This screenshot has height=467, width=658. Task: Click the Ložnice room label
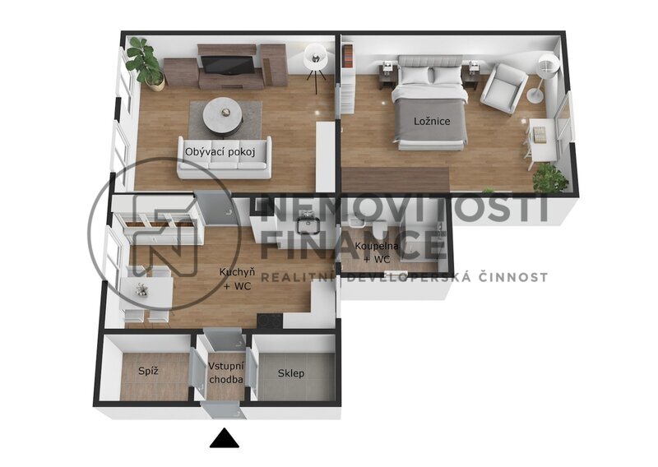432,121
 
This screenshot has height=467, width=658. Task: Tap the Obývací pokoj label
220,152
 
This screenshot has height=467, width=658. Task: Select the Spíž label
149,371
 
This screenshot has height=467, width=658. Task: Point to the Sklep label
291,373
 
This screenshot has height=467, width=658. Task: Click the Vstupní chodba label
225,372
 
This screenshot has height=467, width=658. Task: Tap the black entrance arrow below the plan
225,438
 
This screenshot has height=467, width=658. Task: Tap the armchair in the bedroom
503,89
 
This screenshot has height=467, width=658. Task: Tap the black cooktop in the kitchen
270,321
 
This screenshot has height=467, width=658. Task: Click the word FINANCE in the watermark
353,246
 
